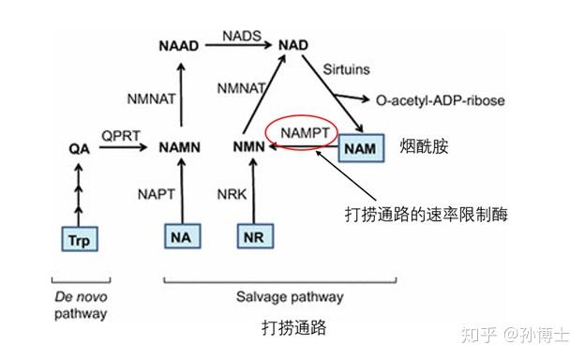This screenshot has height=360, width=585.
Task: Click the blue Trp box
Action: [x=79, y=240]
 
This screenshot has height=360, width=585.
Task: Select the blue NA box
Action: [x=183, y=238]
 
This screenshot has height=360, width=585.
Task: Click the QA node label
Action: [x=79, y=148]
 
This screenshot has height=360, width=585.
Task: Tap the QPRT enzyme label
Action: [x=120, y=135]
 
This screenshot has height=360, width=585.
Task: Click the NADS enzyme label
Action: [x=239, y=35]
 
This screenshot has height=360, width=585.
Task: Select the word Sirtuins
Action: [x=347, y=70]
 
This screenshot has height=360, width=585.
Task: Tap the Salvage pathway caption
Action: [x=278, y=297]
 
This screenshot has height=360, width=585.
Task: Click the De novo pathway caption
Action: [x=78, y=305]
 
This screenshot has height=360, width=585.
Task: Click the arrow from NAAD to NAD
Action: [x=239, y=45]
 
